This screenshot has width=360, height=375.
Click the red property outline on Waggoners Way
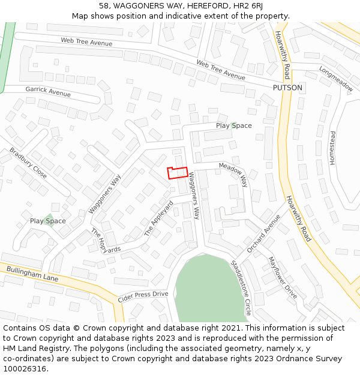[178, 173]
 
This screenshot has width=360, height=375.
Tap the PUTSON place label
[287, 88]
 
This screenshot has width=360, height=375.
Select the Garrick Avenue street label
[48, 91]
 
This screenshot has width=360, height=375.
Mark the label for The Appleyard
[159, 218]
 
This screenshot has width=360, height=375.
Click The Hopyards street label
[106, 241]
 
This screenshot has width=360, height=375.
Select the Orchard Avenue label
[263, 233]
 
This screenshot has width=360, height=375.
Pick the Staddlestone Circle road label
[241, 288]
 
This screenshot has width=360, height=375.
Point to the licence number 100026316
[24, 369]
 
